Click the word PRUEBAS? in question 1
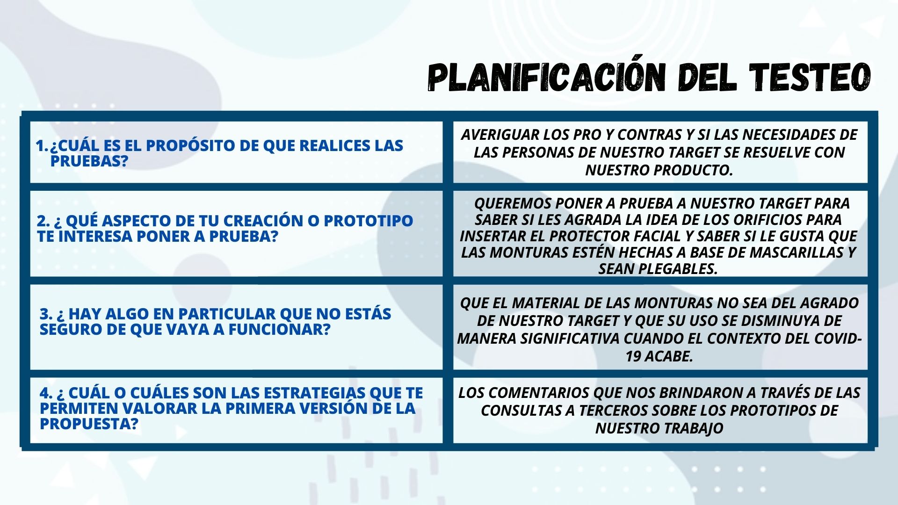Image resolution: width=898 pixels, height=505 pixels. coord(89,161)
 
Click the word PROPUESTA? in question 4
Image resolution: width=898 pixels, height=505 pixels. coord(89,424)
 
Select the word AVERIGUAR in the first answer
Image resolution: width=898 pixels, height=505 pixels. coord(500,135)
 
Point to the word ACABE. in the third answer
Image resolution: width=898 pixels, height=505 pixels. coord(669,356)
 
